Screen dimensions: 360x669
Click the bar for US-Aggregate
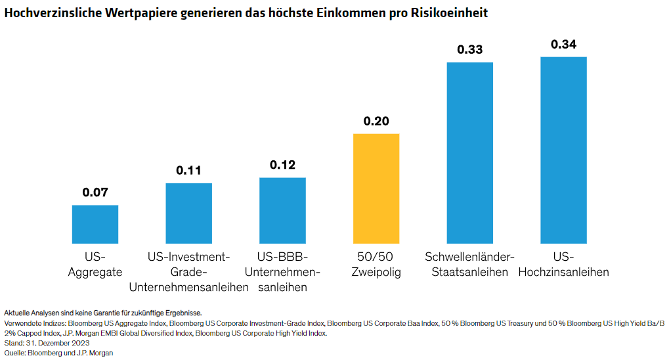coord(95,224)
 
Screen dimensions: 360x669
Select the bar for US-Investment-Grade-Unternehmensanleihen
coord(188,213)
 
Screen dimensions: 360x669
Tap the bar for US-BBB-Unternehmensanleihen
coord(282,210)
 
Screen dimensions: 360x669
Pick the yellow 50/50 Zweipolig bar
coord(376,189)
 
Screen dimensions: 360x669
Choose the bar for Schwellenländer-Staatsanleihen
coord(470,152)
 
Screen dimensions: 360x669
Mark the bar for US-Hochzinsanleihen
coord(563,150)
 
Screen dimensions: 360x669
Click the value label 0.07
coord(95,193)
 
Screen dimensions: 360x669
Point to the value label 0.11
coord(189,171)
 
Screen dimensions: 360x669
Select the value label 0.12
coord(283,165)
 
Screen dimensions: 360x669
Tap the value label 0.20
coord(376,122)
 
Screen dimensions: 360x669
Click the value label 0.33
coord(470,50)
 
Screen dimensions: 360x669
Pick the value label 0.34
coord(563,45)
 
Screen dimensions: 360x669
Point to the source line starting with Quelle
coord(49,353)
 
